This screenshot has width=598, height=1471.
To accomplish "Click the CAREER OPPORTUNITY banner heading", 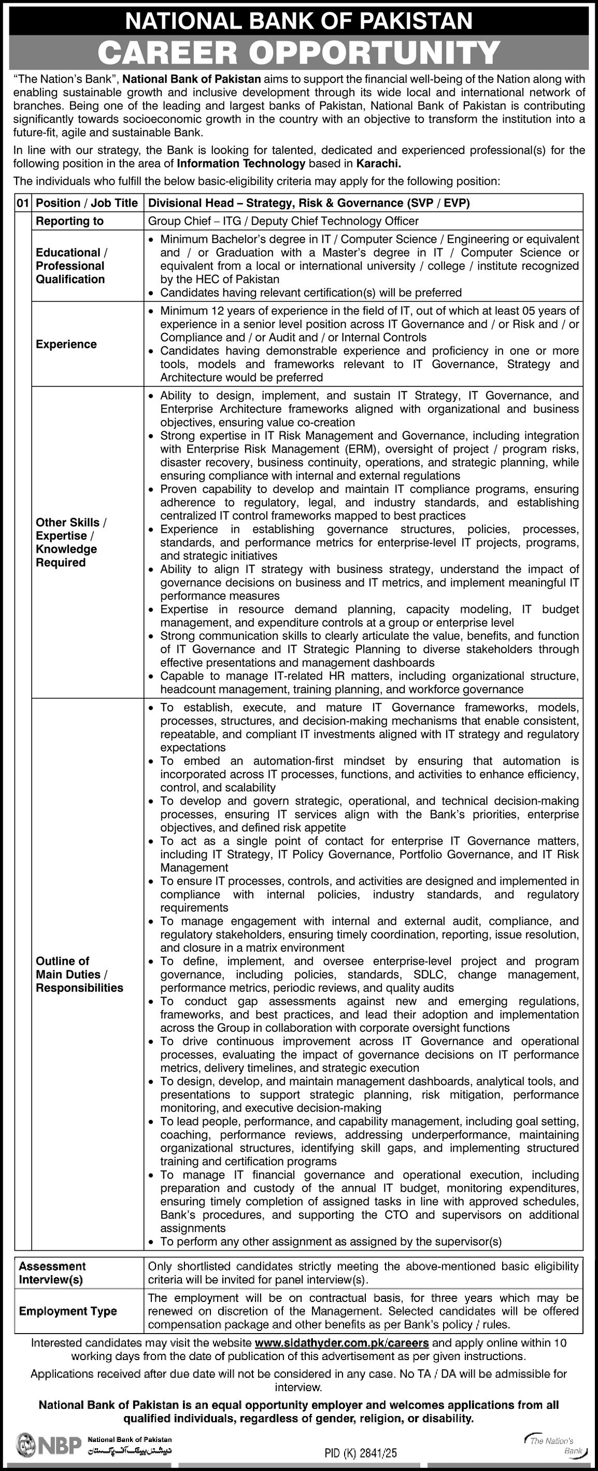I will [x=299, y=52].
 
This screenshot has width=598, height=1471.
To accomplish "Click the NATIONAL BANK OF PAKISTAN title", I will [x=299, y=21].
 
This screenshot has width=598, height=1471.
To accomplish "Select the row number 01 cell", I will [x=23, y=203].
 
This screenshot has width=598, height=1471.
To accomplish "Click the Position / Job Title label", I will [x=87, y=203].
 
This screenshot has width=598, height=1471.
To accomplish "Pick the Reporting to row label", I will [x=69, y=221].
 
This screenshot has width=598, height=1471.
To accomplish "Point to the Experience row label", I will [x=66, y=344].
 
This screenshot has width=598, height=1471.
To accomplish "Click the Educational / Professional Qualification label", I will [x=71, y=265].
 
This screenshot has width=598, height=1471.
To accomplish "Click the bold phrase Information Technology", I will [x=241, y=164].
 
